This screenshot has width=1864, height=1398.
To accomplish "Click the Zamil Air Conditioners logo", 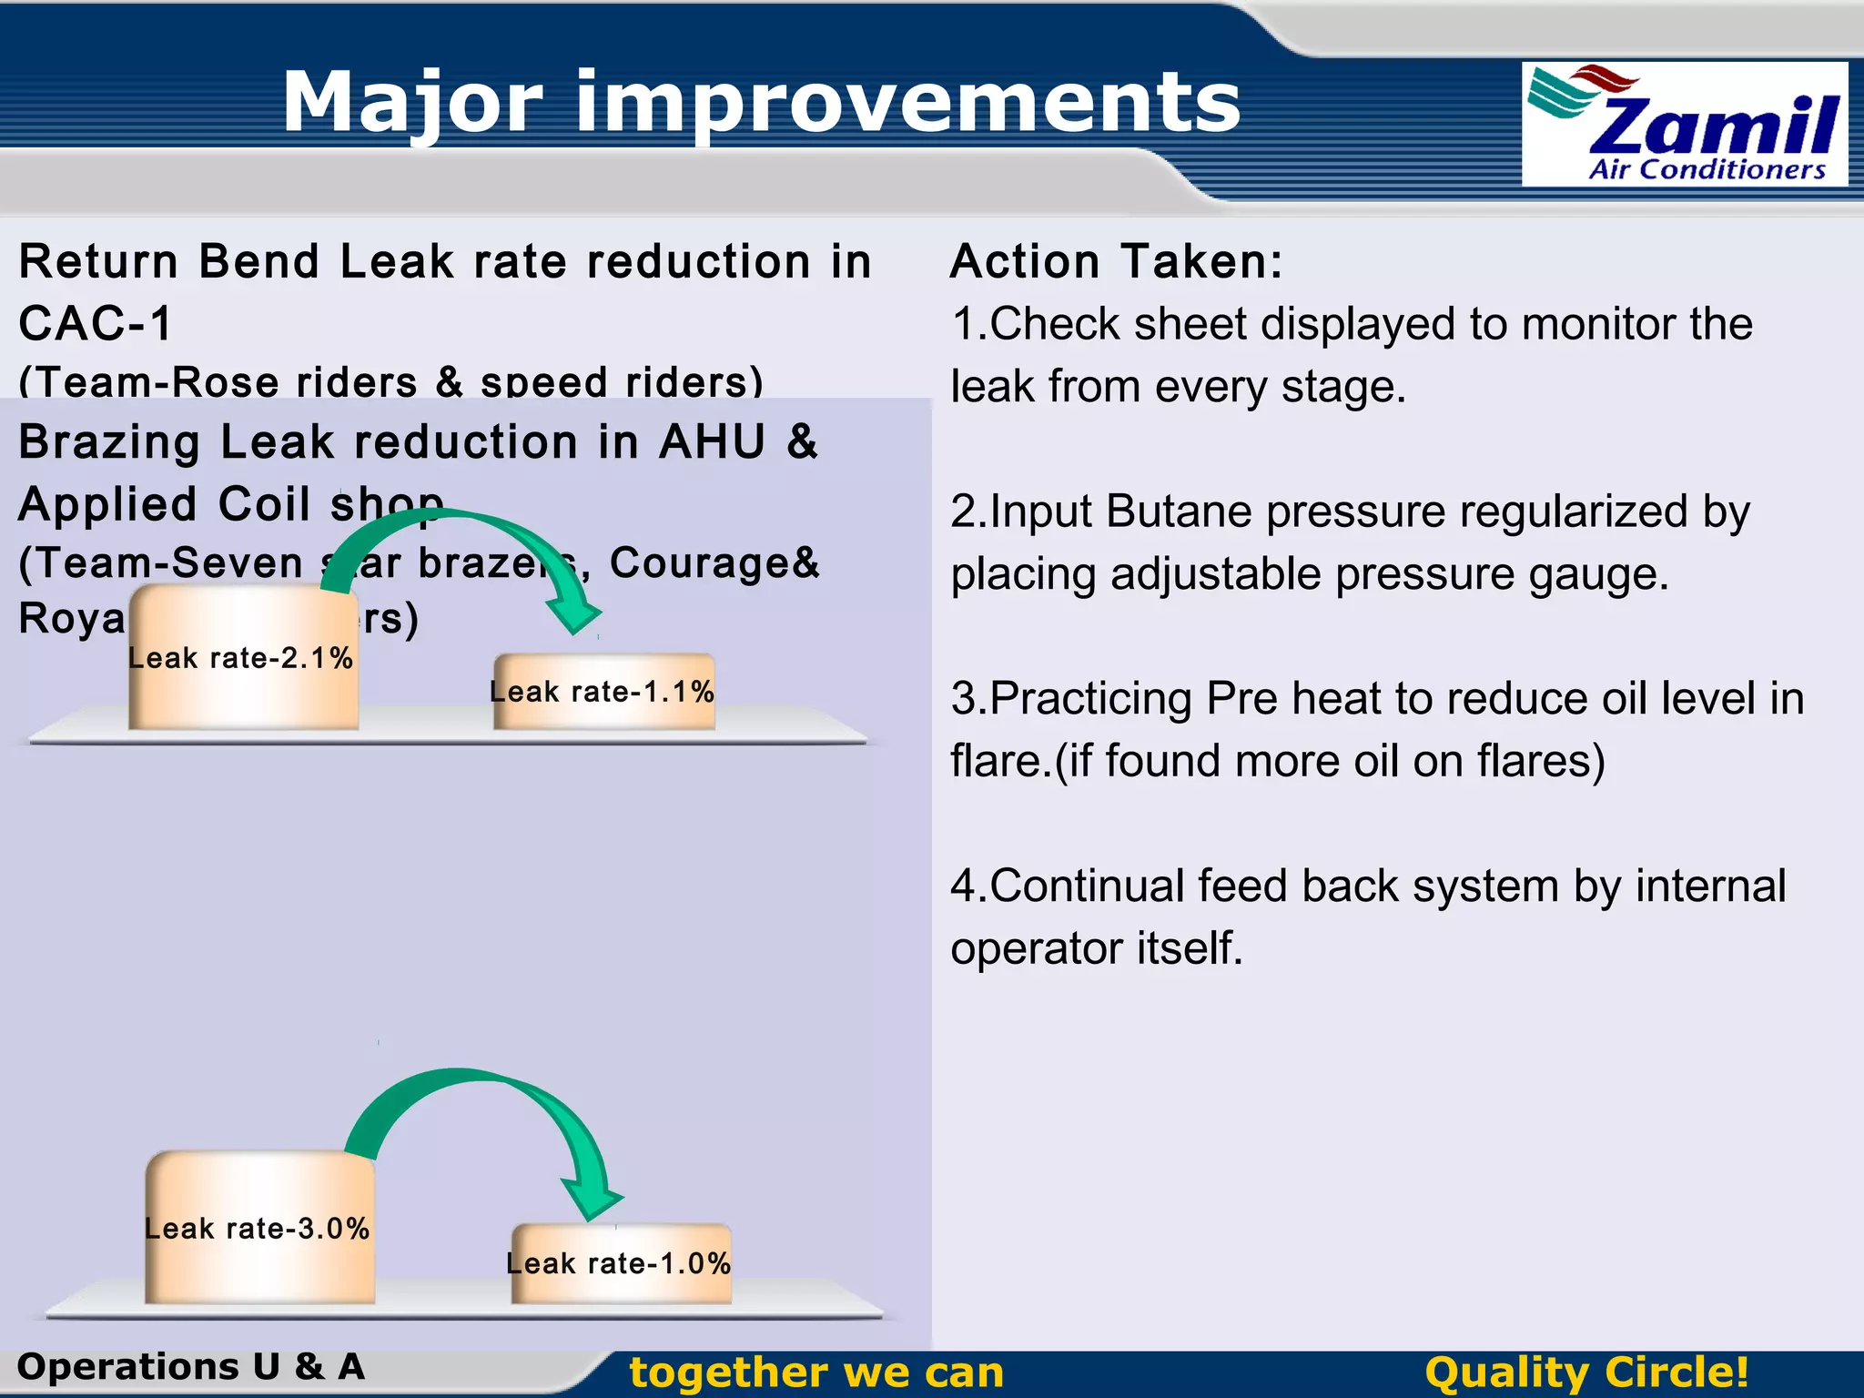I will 1684,125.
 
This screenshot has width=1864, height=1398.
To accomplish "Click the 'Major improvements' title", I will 761,102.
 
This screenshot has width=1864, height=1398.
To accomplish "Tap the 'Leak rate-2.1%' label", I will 240,658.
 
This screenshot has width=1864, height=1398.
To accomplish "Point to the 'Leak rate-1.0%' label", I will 618,1263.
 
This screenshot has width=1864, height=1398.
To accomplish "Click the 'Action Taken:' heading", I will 1116,262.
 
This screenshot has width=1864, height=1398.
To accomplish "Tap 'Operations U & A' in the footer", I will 191,1367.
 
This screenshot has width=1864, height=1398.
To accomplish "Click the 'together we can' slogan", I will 816,1373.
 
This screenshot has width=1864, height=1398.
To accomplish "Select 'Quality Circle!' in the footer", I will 1585,1373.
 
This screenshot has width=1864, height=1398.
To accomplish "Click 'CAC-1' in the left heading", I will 96,324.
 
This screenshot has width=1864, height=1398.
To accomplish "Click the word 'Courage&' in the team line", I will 714,562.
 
